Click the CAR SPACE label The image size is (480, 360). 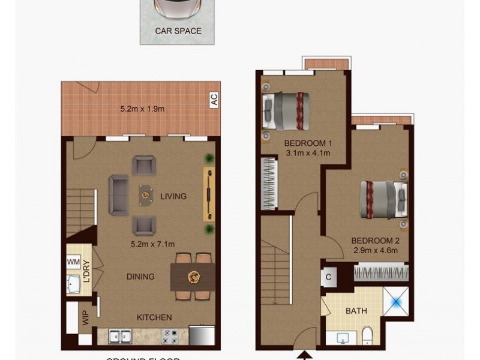coord(178,31)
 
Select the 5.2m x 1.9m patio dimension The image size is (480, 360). coord(142,109)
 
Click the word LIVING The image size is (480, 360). coord(173,196)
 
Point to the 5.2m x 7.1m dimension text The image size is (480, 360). coord(152,244)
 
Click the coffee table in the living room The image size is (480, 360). coord(146,193)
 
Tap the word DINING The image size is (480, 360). coord(140,277)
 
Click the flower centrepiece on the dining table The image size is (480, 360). coord(194,277)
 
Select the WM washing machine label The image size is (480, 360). coord(73,262)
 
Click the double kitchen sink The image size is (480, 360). coord(118,336)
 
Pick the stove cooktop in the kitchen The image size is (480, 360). coord(169,336)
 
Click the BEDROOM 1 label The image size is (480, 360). coord(308,143)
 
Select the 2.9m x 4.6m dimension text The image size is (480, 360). coord(375,250)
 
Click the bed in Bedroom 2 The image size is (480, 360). coord(383,198)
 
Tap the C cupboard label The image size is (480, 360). coord(329,277)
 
